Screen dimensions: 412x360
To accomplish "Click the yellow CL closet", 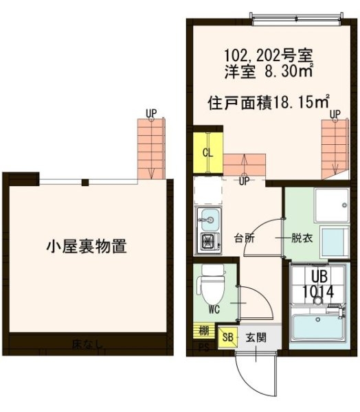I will coord(206,152).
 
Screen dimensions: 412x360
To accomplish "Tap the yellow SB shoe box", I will coord(227,337).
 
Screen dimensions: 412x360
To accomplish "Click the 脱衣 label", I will coord(300,239).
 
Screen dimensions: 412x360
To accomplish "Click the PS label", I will coord(203,347).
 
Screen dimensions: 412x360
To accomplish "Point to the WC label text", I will coord(213,309).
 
